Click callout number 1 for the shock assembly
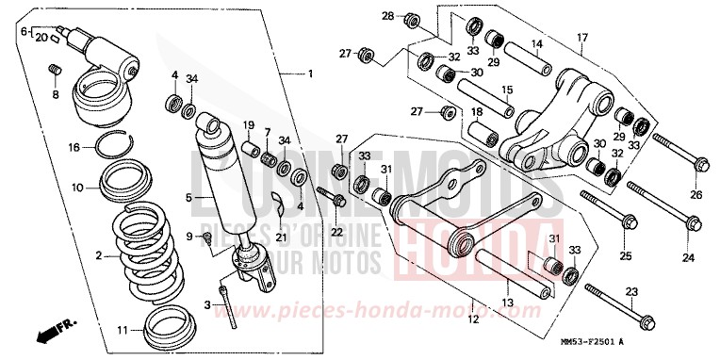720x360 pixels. (310, 74)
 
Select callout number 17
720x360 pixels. (582, 38)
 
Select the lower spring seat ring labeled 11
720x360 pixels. (153, 323)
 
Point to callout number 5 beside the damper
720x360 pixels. (188, 197)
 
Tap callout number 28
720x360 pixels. (387, 17)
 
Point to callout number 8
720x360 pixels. (56, 94)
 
